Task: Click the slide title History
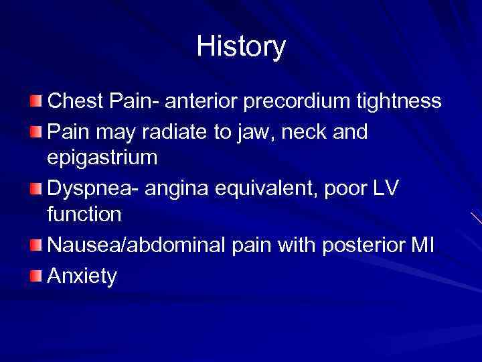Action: [241, 47]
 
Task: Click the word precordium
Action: [299, 101]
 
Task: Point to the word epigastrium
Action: [102, 159]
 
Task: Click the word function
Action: [84, 215]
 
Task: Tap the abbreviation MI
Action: [422, 246]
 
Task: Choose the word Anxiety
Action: [82, 276]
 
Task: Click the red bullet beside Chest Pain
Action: [35, 101]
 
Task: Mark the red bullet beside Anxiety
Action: [35, 275]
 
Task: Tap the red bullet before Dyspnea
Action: [35, 189]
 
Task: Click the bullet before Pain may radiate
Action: [35, 131]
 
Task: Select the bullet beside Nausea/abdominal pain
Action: [35, 245]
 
